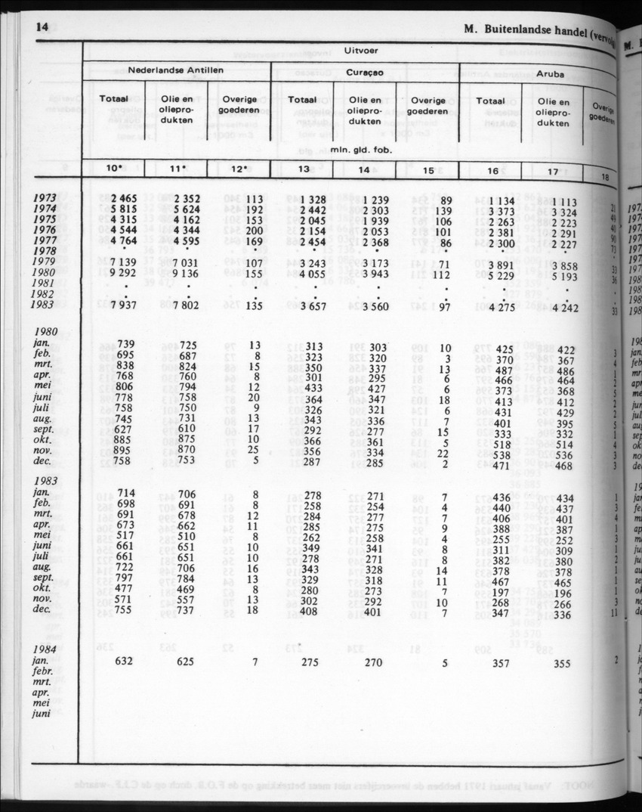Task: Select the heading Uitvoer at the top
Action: click(x=361, y=51)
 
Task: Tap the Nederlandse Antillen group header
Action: click(x=175, y=70)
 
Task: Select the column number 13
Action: click(x=303, y=171)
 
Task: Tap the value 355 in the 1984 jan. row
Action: click(x=560, y=663)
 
